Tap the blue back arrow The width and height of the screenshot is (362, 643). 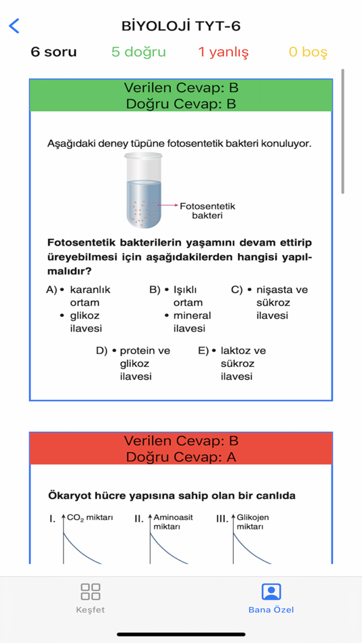click(x=14, y=26)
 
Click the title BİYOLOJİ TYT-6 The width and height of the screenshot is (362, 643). click(x=181, y=26)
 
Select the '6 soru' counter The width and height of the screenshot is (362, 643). click(x=54, y=52)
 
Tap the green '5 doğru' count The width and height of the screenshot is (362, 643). click(x=138, y=52)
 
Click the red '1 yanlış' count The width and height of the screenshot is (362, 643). click(x=223, y=52)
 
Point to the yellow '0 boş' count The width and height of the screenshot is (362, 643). click(x=308, y=52)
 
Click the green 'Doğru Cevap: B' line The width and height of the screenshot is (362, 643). click(x=181, y=104)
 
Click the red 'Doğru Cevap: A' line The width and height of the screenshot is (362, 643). click(x=181, y=457)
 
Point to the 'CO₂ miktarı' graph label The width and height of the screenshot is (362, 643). click(x=89, y=518)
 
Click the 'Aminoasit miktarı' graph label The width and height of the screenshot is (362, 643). click(x=173, y=521)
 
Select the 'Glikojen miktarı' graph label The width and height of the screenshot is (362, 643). click(x=252, y=521)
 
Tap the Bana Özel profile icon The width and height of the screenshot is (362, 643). click(x=271, y=592)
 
